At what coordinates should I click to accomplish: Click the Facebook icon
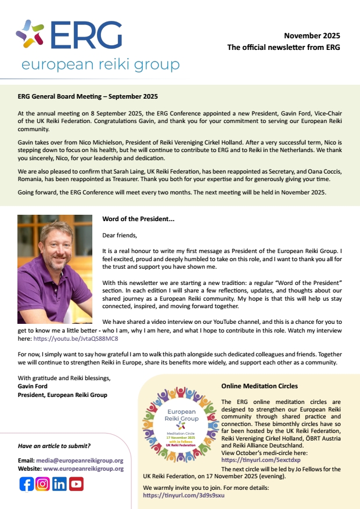tap(27, 483)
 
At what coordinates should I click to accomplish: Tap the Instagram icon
tap(43, 483)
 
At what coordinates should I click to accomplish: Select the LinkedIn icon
tap(59, 483)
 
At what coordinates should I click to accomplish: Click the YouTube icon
tap(76, 483)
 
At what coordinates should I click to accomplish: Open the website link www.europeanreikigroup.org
tap(84, 468)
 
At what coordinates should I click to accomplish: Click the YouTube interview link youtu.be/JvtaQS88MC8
tap(78, 338)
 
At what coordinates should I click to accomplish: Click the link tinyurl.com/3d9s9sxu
tap(183, 495)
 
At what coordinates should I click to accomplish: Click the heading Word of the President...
tap(138, 219)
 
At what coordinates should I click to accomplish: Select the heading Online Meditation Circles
tap(259, 386)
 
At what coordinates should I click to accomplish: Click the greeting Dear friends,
tap(120, 235)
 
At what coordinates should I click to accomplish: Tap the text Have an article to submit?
tap(54, 446)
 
